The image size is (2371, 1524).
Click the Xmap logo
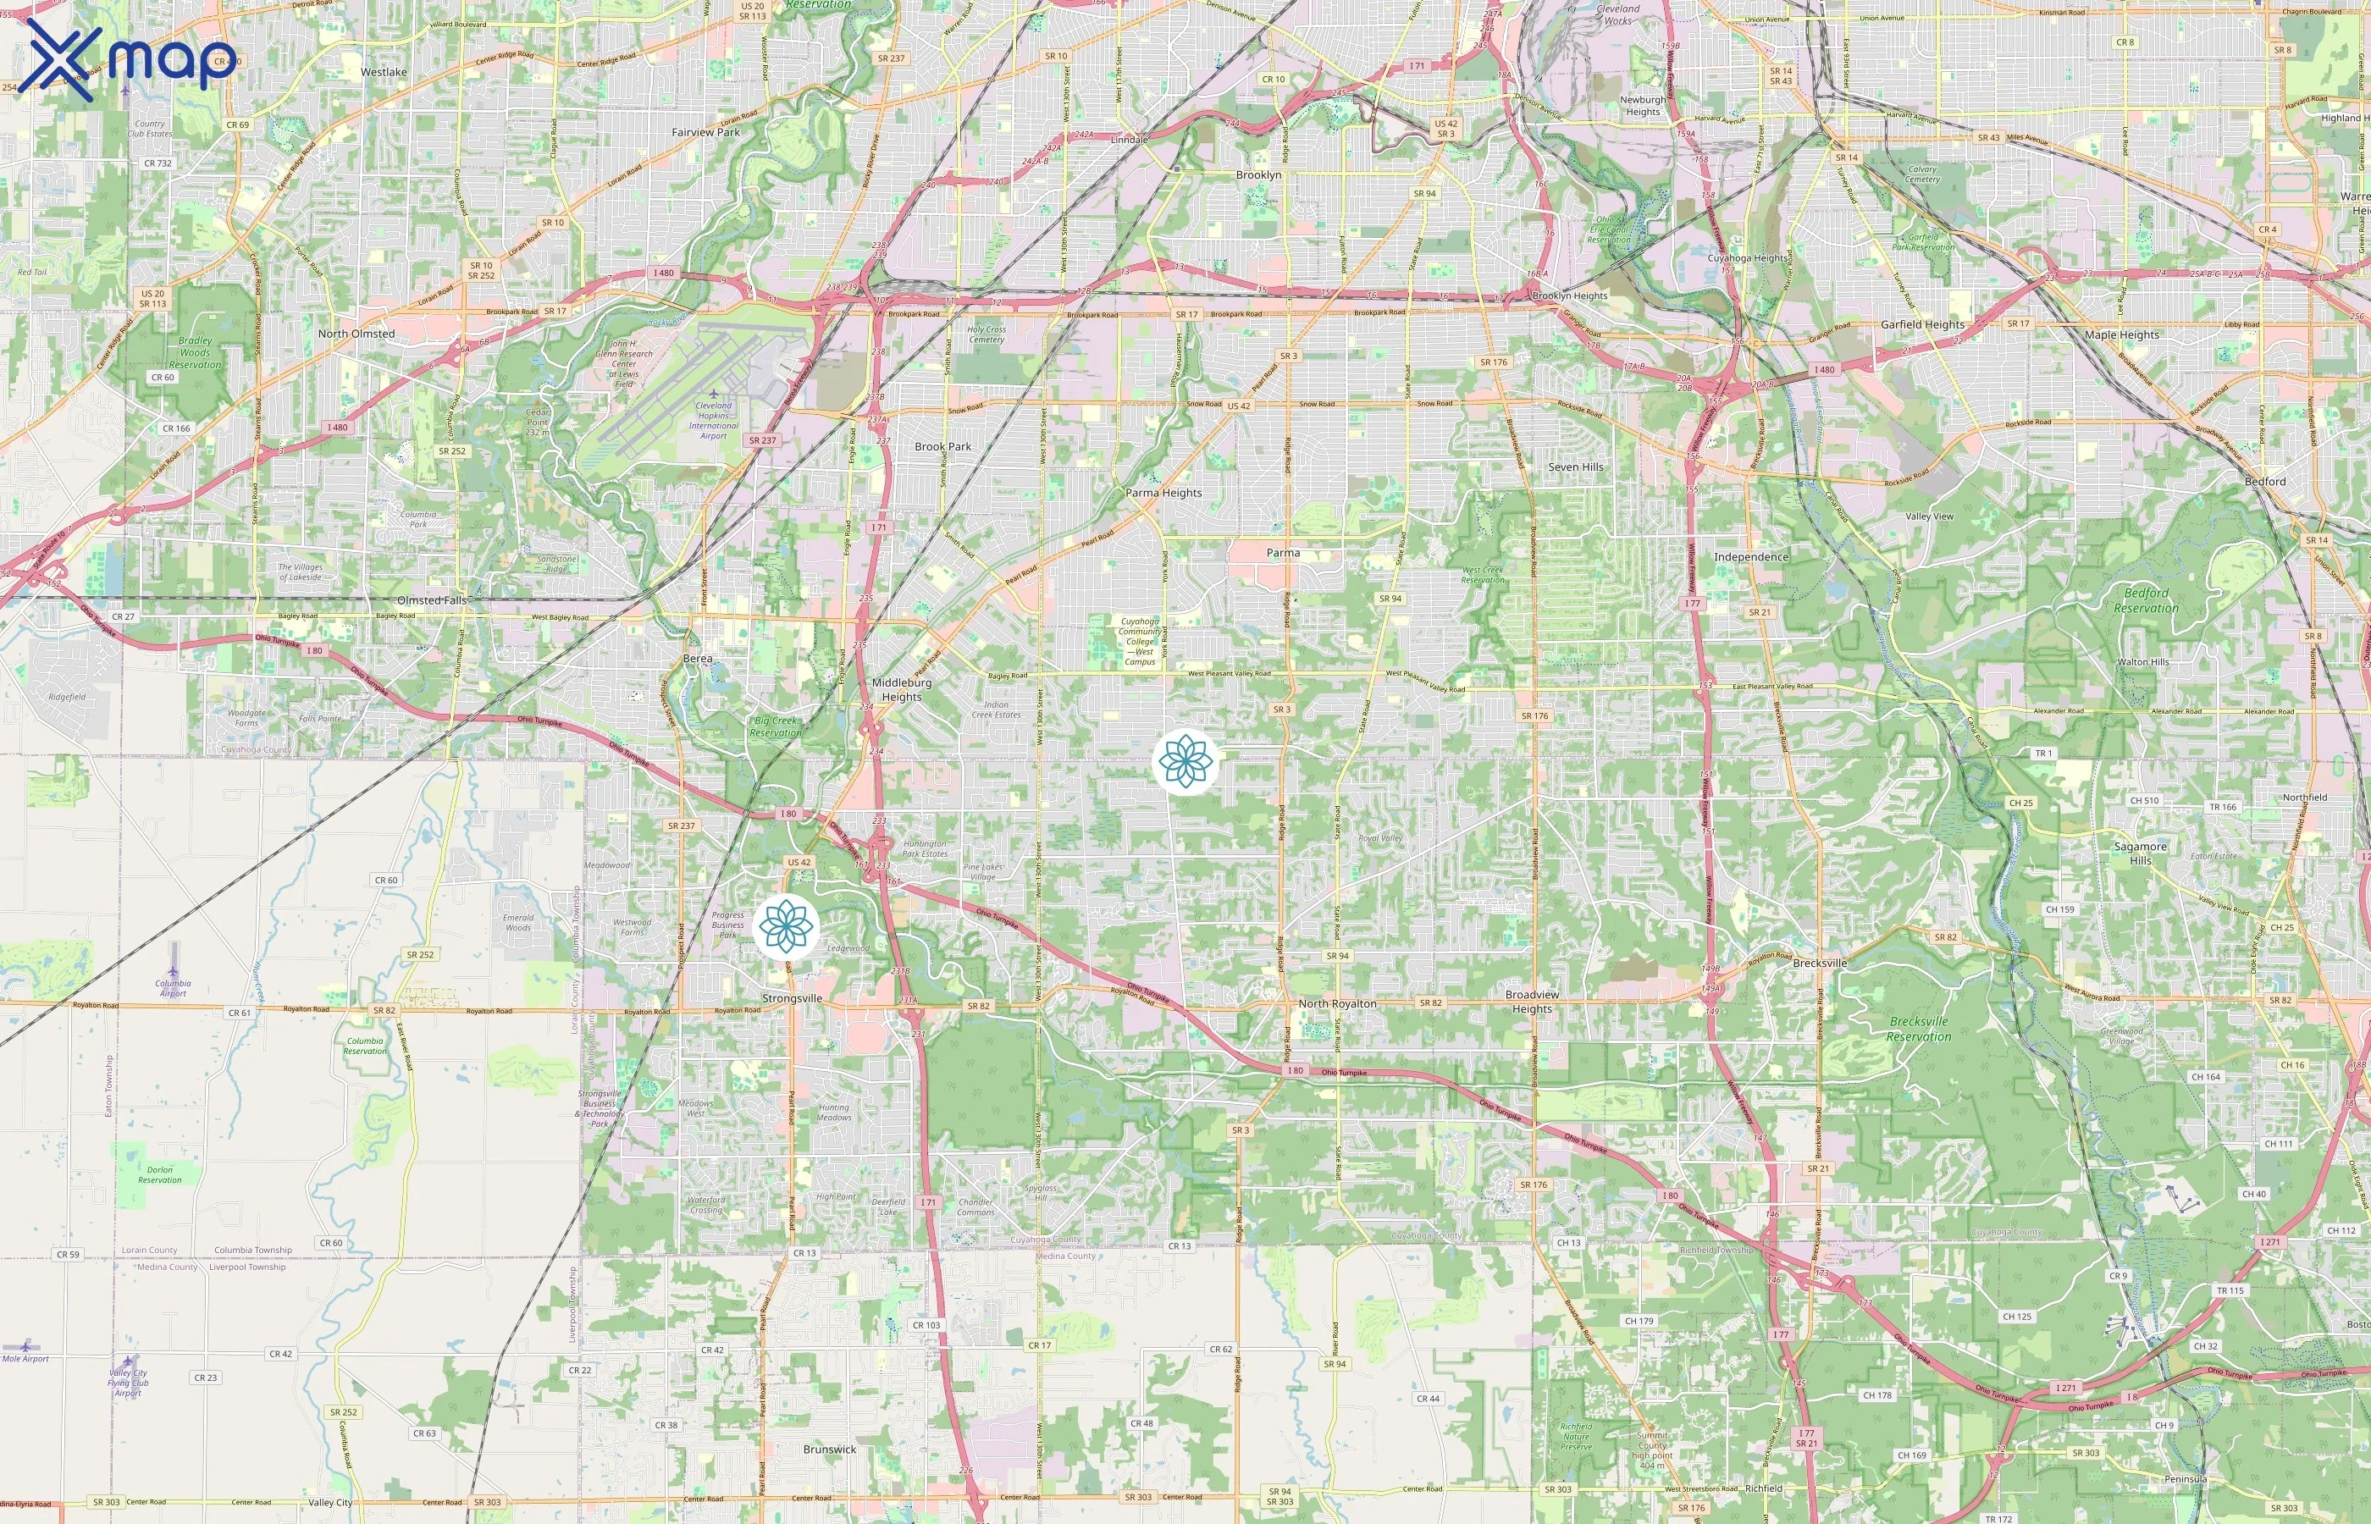pos(130,60)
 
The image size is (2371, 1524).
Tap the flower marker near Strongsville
pos(786,927)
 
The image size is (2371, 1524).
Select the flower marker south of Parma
pos(1185,761)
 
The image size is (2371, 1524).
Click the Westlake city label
pos(384,72)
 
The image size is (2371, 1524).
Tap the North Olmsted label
pos(356,334)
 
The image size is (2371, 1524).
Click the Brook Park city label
pos(943,446)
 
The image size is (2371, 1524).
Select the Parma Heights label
pos(1163,492)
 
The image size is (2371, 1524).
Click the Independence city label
pos(1751,556)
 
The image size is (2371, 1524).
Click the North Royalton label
pos(1338,1003)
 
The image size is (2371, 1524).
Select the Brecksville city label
pos(1820,963)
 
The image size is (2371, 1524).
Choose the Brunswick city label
pos(830,1449)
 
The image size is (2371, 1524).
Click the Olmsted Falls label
pos(432,600)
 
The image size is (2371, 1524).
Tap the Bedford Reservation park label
pos(2147,600)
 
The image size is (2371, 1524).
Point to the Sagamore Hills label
pos(2141,853)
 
